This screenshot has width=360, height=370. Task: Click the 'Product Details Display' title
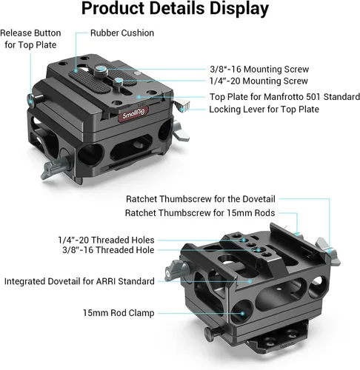click(x=175, y=9)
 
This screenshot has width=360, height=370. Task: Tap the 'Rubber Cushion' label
click(x=122, y=33)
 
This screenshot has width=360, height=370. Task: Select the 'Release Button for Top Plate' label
click(x=30, y=39)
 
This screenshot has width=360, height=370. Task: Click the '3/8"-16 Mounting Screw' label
click(x=259, y=70)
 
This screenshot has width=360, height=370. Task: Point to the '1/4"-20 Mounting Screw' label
click(x=259, y=81)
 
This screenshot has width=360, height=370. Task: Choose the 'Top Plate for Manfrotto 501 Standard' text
click(x=284, y=97)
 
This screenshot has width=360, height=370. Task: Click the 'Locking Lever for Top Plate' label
click(x=264, y=110)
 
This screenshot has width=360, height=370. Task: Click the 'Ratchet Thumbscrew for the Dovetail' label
click(x=201, y=199)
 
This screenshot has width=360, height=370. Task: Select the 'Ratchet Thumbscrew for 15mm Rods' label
click(x=200, y=213)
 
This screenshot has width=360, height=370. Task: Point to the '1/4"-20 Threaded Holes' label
click(x=106, y=240)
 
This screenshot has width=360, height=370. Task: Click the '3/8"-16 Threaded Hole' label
click(x=108, y=250)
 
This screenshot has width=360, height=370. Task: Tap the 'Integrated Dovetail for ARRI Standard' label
click(x=79, y=281)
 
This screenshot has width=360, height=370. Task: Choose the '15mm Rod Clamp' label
click(x=119, y=313)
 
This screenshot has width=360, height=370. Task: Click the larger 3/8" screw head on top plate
click(x=101, y=70)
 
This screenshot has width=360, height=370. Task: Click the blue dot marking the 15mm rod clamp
click(x=242, y=314)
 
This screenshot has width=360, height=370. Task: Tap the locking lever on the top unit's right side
click(x=182, y=106)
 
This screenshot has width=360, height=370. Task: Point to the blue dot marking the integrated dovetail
click(x=250, y=281)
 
